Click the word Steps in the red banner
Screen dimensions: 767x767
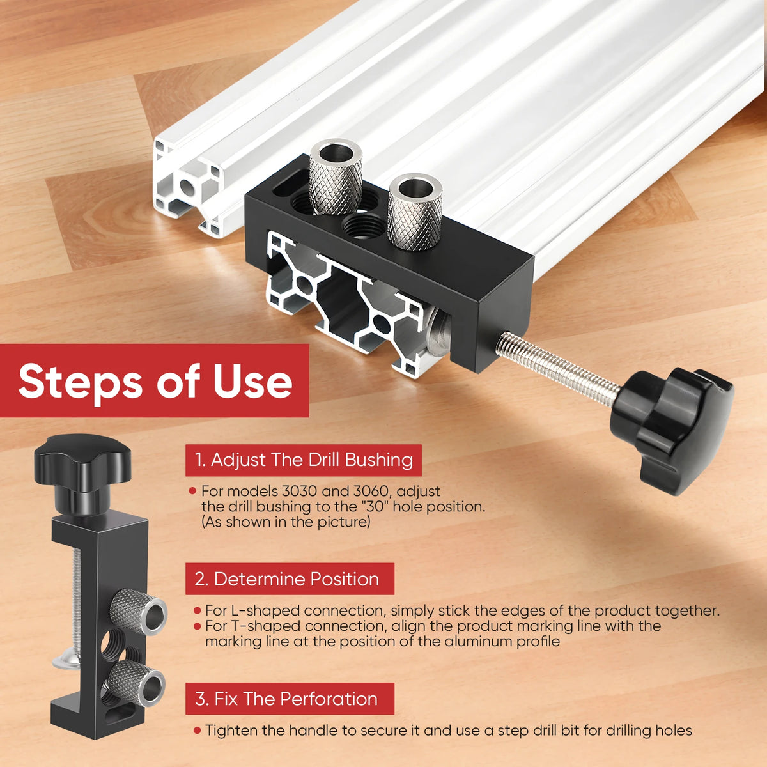[80, 381]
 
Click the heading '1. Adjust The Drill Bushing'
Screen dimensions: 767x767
[304, 460]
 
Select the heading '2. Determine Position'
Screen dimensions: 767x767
[286, 579]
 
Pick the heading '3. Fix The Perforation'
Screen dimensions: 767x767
[286, 699]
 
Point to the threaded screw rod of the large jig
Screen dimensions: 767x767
[557, 367]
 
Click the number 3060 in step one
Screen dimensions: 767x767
[373, 491]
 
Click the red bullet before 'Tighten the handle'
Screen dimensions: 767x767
[197, 731]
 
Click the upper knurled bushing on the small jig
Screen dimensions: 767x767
[139, 612]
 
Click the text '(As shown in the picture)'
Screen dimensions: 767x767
[286, 522]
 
